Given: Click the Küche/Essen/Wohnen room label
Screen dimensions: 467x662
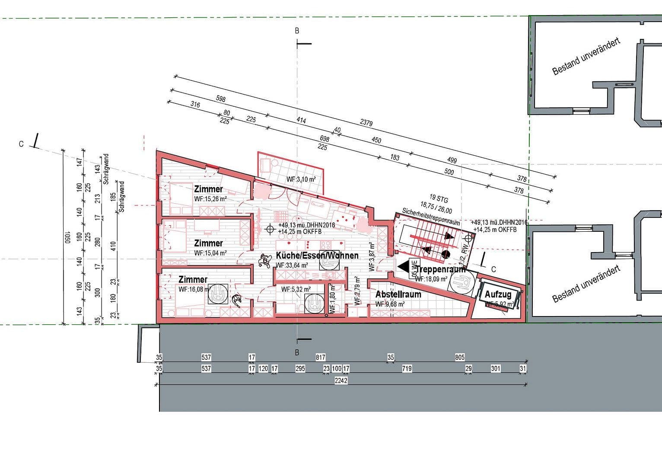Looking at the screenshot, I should [x=317, y=256].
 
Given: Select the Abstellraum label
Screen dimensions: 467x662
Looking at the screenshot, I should [x=398, y=294].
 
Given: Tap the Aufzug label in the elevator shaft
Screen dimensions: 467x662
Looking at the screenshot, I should [x=498, y=294].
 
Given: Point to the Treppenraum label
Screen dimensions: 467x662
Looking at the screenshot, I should [x=441, y=269].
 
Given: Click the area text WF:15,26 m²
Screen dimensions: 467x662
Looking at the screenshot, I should [x=210, y=199].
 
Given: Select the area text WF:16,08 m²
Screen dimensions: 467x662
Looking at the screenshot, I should [x=195, y=289].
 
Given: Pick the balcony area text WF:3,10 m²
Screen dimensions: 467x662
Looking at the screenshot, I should [x=301, y=179].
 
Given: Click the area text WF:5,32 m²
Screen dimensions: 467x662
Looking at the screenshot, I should [x=296, y=289].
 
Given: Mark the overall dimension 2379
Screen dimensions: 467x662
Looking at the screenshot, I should [x=366, y=123].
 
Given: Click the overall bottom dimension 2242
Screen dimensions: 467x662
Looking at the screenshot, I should [x=341, y=381].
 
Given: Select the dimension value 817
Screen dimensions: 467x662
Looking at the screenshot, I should [x=320, y=357].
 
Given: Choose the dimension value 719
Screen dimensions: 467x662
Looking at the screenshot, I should [x=407, y=368].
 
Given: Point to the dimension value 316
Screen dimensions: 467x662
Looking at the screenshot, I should [x=195, y=105].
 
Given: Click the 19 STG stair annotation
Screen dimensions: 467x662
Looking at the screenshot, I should [x=439, y=199].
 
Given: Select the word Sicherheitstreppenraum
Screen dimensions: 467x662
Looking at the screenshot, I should [x=431, y=216].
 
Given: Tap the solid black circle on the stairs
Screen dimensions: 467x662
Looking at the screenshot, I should [x=446, y=254].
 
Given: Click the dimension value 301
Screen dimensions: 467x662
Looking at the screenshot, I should [x=496, y=368].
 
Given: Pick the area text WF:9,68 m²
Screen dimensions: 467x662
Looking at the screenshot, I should [x=390, y=304].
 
